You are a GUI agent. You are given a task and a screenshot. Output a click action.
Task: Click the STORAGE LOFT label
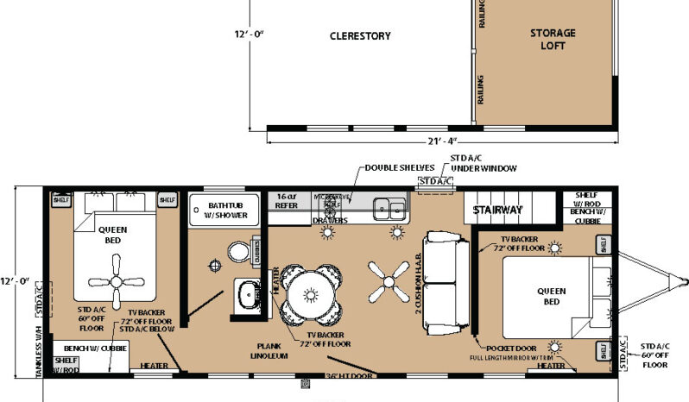tap(553, 39)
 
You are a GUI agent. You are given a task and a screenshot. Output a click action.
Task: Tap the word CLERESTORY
tap(360, 36)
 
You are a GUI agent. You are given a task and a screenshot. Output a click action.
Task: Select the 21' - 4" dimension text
tap(441, 141)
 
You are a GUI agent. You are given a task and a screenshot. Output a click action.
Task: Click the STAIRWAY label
tap(497, 210)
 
